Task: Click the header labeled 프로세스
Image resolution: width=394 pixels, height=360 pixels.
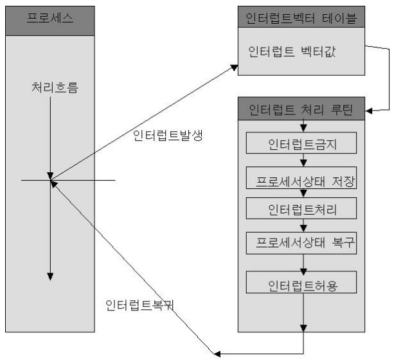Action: coord(50,21)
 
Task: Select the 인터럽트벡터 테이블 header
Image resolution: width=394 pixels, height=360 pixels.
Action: coord(301,17)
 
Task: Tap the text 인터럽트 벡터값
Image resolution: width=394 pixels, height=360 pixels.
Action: coord(292,52)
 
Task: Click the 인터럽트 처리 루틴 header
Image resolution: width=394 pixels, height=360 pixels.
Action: coord(301,109)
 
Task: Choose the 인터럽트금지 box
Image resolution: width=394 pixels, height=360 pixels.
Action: coord(301,143)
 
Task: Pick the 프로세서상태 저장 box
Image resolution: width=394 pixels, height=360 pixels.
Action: coord(301,177)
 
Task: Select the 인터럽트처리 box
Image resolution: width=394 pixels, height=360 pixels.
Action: coord(301,208)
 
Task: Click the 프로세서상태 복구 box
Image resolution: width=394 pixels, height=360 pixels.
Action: coord(301,243)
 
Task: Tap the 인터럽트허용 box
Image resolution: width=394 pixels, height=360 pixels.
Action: coord(301,282)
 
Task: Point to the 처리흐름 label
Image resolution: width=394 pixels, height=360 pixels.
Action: coord(55,87)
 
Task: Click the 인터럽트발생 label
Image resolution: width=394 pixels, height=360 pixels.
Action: coord(168,135)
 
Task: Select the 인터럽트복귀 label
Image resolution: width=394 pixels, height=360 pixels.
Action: coord(139,305)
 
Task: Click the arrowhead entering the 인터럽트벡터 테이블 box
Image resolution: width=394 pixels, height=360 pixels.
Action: coord(235,67)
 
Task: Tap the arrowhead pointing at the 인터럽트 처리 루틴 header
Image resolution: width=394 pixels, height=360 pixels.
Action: coord(369,111)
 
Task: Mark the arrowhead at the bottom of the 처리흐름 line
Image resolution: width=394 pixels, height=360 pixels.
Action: coord(50,277)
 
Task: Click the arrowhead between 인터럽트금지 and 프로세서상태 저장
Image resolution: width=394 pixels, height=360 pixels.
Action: coord(303,163)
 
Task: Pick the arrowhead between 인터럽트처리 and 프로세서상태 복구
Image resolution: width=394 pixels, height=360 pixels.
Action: coord(303,228)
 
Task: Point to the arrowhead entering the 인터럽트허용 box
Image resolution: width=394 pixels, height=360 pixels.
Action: coord(303,272)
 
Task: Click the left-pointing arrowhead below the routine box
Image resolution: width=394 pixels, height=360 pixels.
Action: coord(217,354)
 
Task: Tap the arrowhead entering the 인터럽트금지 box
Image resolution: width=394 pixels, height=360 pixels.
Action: coord(303,129)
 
